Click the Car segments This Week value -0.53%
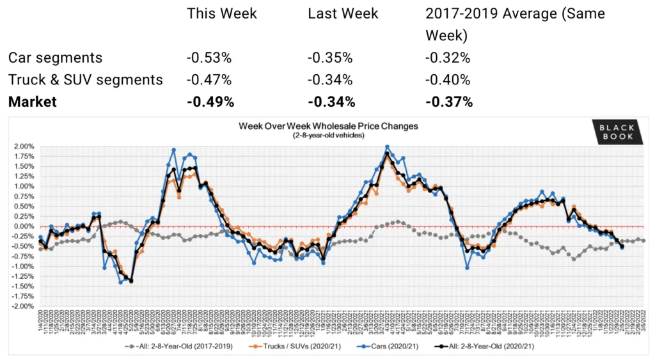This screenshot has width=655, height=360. (x=209, y=58)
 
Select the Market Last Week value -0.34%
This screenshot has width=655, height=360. (x=331, y=102)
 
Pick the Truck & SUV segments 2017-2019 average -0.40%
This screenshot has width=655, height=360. (x=448, y=80)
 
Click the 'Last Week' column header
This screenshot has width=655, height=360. (x=343, y=13)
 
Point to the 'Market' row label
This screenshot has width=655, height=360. (x=33, y=102)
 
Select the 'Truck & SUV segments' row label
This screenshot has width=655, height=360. (x=85, y=80)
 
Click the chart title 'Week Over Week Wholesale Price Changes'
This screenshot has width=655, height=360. (x=328, y=126)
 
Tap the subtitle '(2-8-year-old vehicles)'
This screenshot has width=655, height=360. (x=328, y=136)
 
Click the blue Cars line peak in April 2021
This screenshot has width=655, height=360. (x=387, y=147)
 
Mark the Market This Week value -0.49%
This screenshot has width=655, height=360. (x=210, y=102)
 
